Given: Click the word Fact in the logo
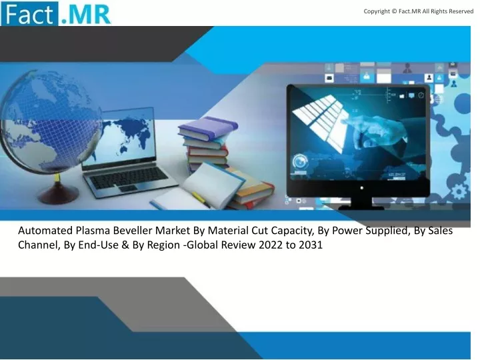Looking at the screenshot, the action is point(29,14).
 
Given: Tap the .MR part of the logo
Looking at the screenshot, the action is point(86,14).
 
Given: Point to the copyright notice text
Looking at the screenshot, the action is point(419,11).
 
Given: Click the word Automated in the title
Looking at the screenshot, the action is point(45,231).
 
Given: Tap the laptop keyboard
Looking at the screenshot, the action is point(128,177).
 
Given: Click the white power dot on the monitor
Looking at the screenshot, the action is point(362,188).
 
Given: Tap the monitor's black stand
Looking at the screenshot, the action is point(361,203).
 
